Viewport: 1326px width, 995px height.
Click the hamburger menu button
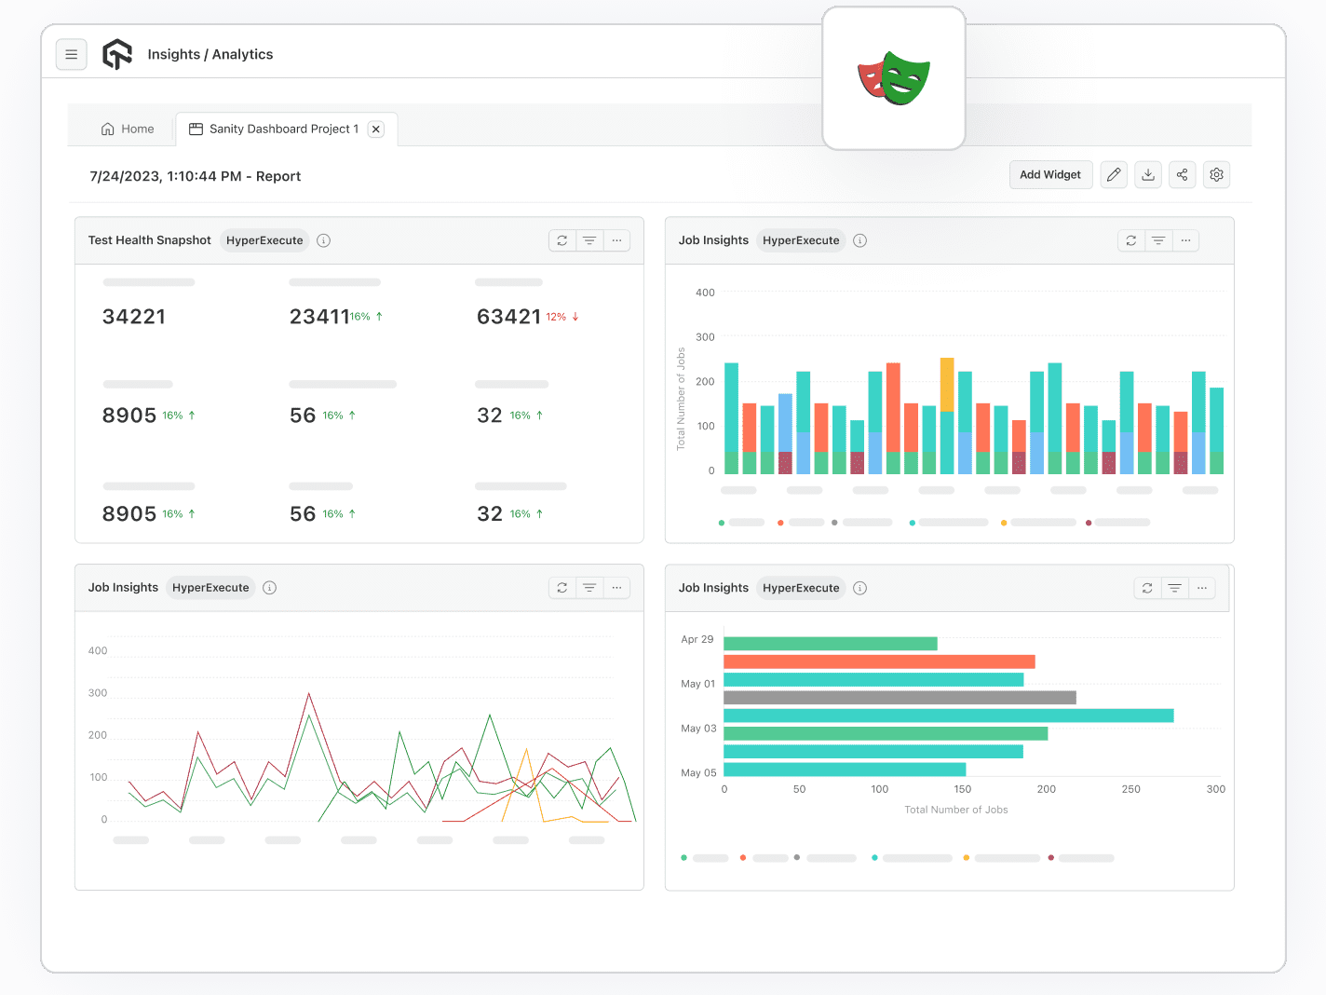72,55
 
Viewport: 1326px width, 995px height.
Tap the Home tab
128,129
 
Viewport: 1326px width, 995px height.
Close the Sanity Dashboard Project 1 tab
376,129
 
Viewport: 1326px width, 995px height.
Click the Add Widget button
1049,175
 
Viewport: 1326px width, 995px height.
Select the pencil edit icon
1114,175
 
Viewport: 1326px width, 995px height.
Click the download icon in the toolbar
1148,175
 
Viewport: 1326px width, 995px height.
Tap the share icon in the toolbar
1182,175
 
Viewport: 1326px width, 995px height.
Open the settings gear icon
1216,175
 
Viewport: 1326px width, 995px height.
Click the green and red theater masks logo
894,79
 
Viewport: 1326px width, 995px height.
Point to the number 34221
134,317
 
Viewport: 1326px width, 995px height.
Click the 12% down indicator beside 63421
562,317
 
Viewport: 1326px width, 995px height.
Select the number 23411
319,317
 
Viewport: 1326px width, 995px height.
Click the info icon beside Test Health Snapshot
323,240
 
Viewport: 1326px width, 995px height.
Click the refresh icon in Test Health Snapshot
562,240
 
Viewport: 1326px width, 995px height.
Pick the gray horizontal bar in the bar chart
899,698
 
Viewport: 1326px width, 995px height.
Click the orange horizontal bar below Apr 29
878,661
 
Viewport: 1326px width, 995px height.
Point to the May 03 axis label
698,729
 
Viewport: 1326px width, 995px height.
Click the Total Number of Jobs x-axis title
955,810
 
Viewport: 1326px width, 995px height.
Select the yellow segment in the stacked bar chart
947,384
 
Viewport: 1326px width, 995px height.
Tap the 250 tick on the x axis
1130,789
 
